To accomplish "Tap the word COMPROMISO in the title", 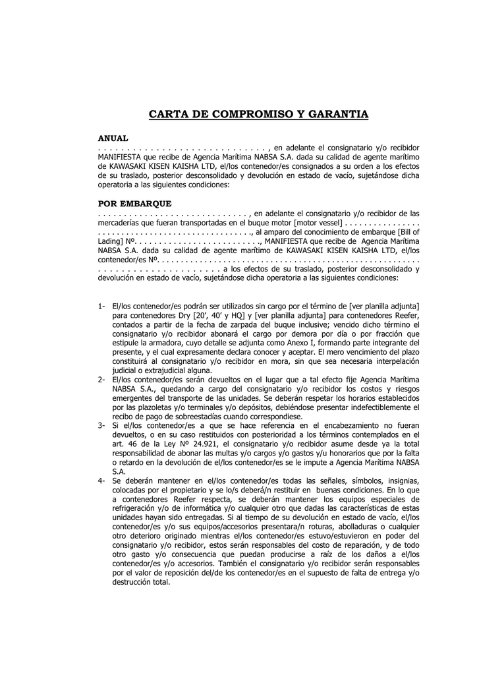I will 246,114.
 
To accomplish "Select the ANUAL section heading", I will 113,138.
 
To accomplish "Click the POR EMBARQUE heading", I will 134,204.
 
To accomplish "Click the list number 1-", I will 102,307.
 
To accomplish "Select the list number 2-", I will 102,380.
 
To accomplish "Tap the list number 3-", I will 102,426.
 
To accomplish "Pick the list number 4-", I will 102,482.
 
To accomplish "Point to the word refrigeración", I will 137,510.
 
